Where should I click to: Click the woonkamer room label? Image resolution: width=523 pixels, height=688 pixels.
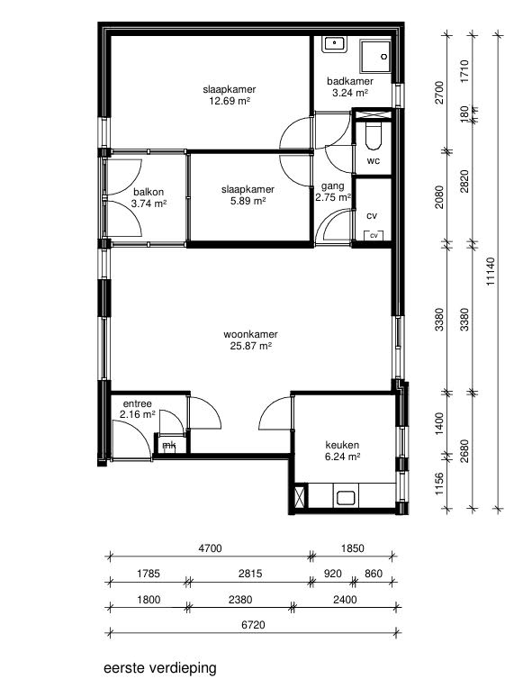click(x=250, y=334)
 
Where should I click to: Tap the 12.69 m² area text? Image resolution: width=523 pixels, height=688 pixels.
click(x=230, y=102)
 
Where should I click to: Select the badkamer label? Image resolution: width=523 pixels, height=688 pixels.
click(x=350, y=81)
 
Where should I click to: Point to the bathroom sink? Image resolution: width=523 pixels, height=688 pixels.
click(x=335, y=44)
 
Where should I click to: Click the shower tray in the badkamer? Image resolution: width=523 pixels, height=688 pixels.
click(x=375, y=57)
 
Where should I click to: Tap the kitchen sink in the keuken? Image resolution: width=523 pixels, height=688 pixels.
click(x=346, y=498)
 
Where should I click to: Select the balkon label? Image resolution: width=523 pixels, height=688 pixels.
click(x=149, y=192)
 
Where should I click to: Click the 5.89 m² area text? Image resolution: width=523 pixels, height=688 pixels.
click(x=248, y=201)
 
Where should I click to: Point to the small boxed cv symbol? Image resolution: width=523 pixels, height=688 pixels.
click(x=374, y=235)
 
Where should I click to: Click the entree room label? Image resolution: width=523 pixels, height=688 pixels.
click(x=138, y=403)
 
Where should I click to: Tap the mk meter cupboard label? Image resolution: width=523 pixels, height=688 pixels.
click(x=169, y=446)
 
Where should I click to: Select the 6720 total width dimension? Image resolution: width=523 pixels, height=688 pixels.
click(x=254, y=624)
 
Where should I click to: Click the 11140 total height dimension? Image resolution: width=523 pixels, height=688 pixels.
click(x=491, y=272)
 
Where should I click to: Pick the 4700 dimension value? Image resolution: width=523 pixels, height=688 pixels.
click(x=210, y=548)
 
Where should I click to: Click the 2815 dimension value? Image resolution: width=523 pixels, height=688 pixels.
click(x=250, y=574)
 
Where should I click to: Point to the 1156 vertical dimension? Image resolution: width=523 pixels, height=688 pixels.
click(x=439, y=484)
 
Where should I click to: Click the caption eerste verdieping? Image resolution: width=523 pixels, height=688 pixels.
click(x=160, y=668)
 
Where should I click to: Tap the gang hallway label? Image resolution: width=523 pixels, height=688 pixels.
click(x=332, y=186)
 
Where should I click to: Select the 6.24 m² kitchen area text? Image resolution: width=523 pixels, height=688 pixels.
click(x=343, y=457)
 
